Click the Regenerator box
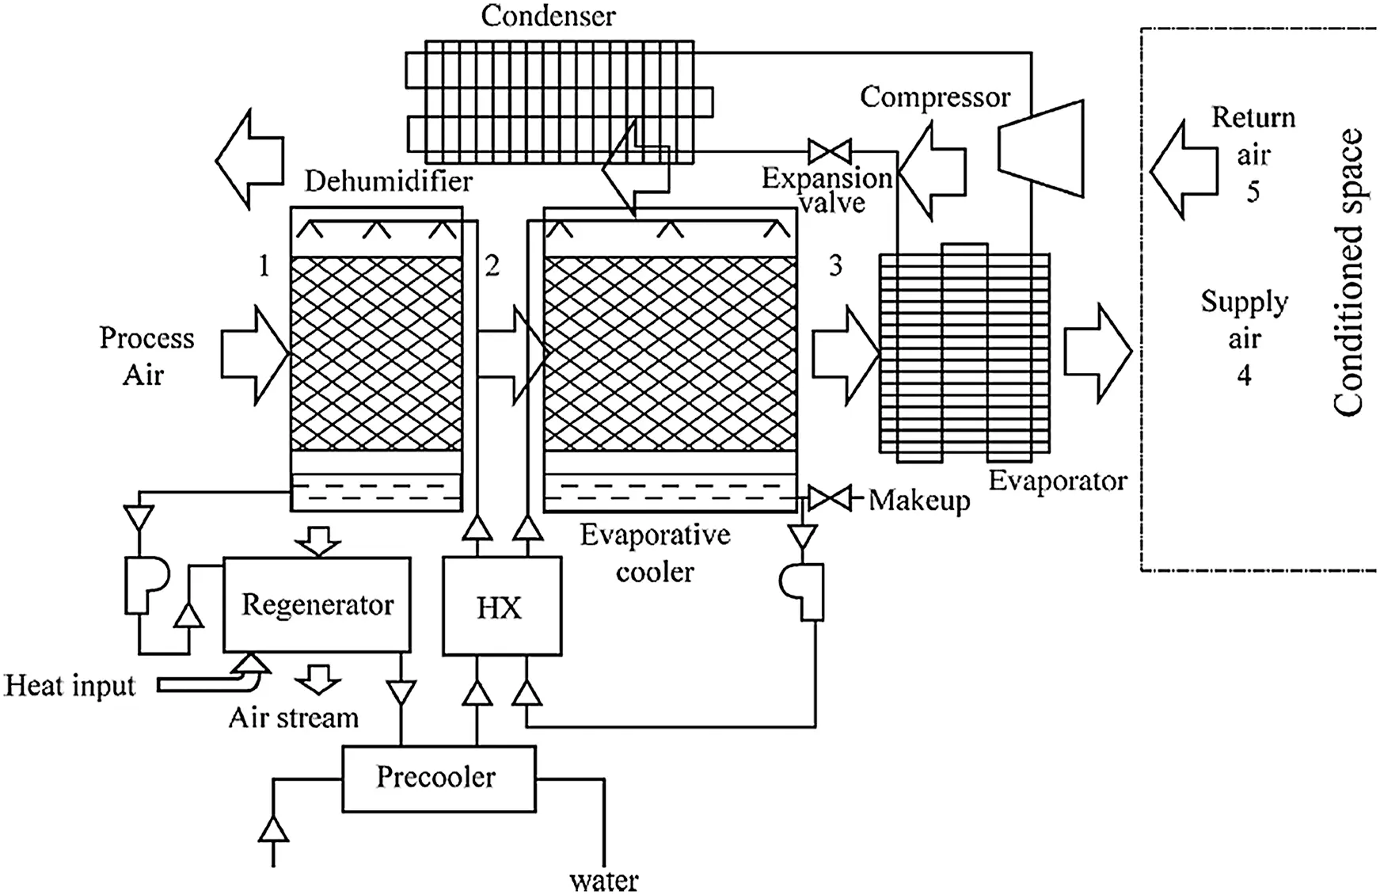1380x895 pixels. click(x=317, y=604)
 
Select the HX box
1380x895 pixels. click(x=501, y=607)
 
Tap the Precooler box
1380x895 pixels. click(x=438, y=778)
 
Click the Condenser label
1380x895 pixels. click(x=548, y=16)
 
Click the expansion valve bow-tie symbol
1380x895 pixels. click(x=829, y=151)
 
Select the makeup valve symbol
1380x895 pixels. click(x=829, y=499)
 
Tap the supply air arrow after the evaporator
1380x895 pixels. click(x=1097, y=353)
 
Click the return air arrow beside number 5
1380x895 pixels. click(x=1183, y=169)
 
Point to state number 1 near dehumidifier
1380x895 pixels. click(x=264, y=266)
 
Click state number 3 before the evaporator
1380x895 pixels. click(x=835, y=266)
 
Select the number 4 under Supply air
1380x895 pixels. click(x=1244, y=375)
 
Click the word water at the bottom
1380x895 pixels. click(x=603, y=881)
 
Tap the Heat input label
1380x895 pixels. click(x=70, y=685)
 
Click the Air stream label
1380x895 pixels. click(x=293, y=718)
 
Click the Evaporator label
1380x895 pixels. click(x=1057, y=481)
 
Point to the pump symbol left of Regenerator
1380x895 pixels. click(x=145, y=585)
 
